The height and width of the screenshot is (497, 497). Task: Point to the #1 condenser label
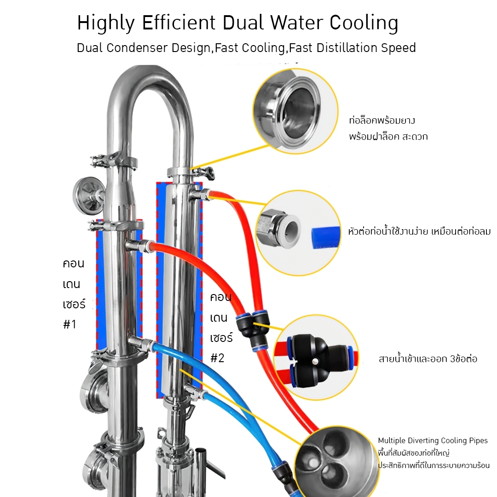69,324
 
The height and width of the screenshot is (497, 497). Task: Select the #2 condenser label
217,358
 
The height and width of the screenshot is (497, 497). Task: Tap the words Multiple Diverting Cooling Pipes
433,441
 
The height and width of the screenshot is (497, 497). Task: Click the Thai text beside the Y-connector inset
428,359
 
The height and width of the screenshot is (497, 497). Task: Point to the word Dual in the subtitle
91,48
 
